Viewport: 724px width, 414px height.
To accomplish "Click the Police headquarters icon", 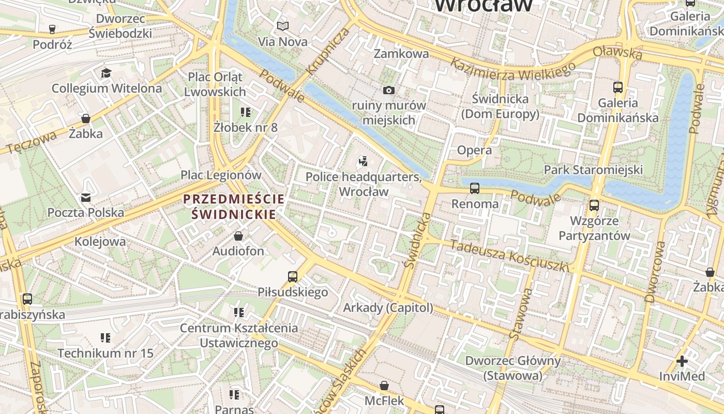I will (x=363, y=161).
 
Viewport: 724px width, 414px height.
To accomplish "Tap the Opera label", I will (x=474, y=150).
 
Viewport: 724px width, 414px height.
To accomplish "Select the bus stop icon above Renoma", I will (x=474, y=188).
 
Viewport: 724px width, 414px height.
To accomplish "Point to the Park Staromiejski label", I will (x=593, y=169).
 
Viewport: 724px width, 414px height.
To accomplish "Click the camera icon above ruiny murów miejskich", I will (x=389, y=91).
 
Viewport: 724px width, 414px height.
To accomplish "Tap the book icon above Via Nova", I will (x=282, y=26).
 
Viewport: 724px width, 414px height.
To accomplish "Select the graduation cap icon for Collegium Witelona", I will (x=107, y=73).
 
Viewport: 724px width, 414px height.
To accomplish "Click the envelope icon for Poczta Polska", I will (x=85, y=198).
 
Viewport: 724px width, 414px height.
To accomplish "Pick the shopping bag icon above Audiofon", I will (x=238, y=236).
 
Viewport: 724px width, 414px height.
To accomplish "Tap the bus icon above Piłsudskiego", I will (x=293, y=277).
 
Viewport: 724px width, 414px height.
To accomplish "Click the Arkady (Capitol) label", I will (x=388, y=307).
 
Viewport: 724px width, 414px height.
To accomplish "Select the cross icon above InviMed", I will (x=682, y=361).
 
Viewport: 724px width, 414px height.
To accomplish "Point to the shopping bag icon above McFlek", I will (x=384, y=386).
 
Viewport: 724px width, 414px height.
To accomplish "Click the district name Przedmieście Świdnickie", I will (x=234, y=206).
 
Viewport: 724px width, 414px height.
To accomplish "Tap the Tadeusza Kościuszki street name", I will (x=509, y=255).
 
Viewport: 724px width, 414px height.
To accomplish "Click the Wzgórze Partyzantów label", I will (x=594, y=228).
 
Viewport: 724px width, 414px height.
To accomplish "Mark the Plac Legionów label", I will (x=221, y=175).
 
